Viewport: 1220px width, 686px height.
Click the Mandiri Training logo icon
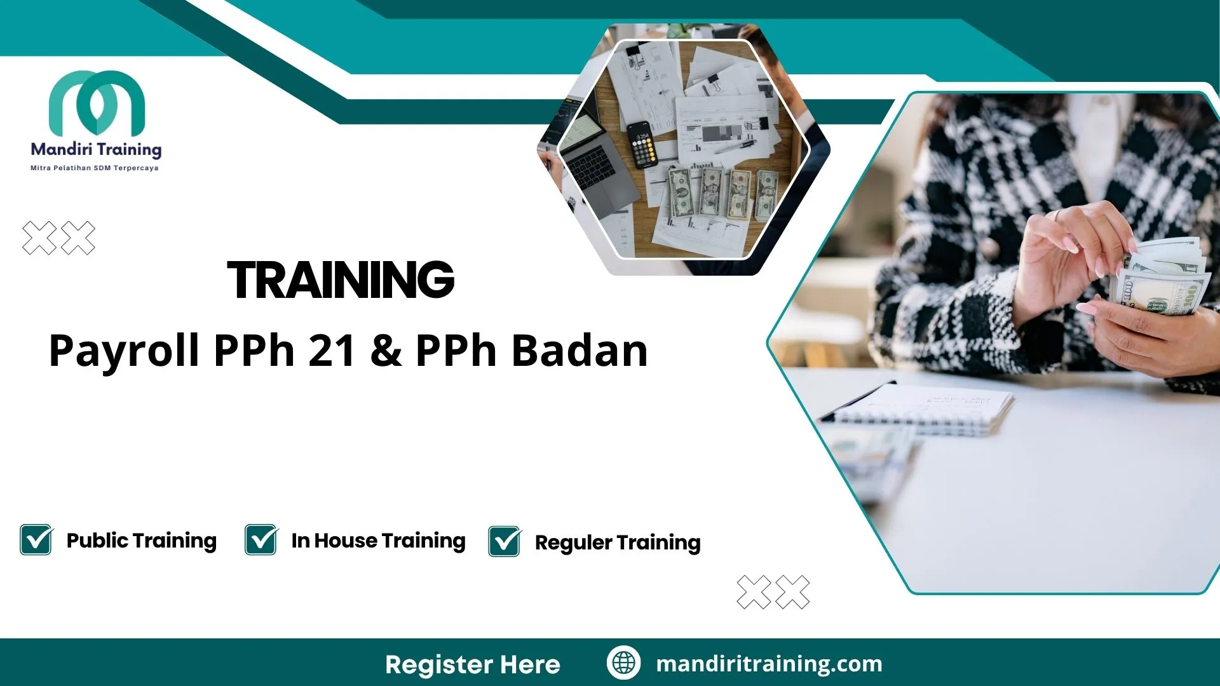(x=97, y=102)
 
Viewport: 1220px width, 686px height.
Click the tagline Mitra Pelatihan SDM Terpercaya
(x=95, y=168)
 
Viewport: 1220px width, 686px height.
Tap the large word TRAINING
(x=341, y=280)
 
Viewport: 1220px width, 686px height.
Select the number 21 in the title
(x=332, y=351)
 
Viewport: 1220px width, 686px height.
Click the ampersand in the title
(x=386, y=351)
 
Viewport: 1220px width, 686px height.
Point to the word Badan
(x=579, y=351)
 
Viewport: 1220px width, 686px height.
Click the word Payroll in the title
(x=124, y=352)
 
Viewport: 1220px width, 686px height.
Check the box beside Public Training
(x=36, y=540)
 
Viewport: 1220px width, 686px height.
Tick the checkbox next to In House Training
(x=261, y=540)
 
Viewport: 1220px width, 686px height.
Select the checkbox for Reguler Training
(x=505, y=542)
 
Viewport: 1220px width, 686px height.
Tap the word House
(x=346, y=541)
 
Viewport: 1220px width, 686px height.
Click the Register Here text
(x=473, y=664)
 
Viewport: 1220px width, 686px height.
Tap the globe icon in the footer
(x=623, y=662)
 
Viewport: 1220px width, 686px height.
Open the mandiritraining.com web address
(x=769, y=664)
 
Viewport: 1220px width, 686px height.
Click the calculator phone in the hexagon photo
(x=642, y=144)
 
